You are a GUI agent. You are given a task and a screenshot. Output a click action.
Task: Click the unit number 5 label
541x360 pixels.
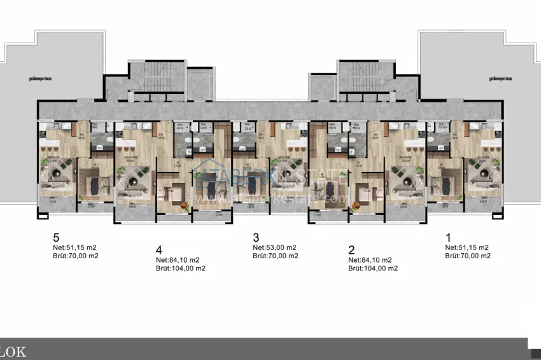click(x=57, y=238)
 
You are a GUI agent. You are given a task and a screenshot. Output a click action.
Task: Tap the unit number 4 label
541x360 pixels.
click(x=158, y=249)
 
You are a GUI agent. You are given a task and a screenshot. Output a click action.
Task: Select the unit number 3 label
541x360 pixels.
click(x=256, y=238)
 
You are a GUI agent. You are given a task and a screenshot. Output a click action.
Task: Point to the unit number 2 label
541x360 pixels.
click(x=351, y=249)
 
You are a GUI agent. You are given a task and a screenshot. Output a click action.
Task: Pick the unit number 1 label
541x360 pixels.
click(x=448, y=238)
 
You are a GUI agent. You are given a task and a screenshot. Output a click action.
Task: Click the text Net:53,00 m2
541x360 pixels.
click(x=274, y=248)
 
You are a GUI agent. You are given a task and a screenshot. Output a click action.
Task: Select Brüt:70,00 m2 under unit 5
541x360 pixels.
click(x=76, y=256)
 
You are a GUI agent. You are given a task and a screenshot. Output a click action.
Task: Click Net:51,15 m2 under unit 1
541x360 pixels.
click(x=467, y=248)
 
